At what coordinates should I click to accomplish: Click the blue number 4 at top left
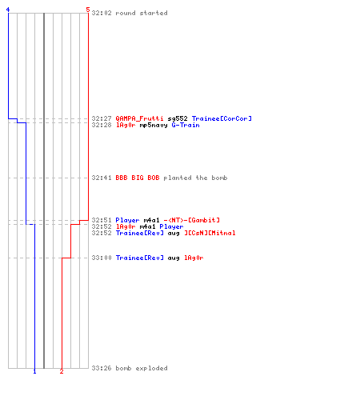click(x=8, y=10)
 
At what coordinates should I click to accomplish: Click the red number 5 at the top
click(x=88, y=10)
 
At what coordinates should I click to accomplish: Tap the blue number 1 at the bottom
click(x=34, y=371)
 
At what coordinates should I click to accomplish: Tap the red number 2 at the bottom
click(x=62, y=371)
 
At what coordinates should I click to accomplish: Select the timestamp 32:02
click(x=102, y=13)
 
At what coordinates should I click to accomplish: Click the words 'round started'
click(x=142, y=13)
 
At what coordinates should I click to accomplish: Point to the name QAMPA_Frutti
click(x=139, y=118)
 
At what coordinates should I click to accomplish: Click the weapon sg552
click(x=178, y=118)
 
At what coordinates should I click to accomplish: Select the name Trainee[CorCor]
click(x=222, y=118)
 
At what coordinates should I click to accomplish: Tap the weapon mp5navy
click(x=154, y=125)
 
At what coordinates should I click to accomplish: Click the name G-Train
click(x=186, y=125)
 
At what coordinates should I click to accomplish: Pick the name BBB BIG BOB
click(x=138, y=178)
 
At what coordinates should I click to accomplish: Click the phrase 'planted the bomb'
click(x=195, y=178)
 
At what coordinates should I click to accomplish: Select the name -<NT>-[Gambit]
click(x=192, y=220)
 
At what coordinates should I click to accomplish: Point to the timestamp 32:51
click(x=102, y=220)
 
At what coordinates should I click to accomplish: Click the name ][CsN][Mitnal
click(x=210, y=233)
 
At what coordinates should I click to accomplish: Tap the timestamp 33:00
click(x=102, y=258)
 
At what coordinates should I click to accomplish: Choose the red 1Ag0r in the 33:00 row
click(x=194, y=258)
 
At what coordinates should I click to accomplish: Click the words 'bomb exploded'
click(x=142, y=368)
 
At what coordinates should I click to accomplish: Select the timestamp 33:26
click(x=102, y=368)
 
